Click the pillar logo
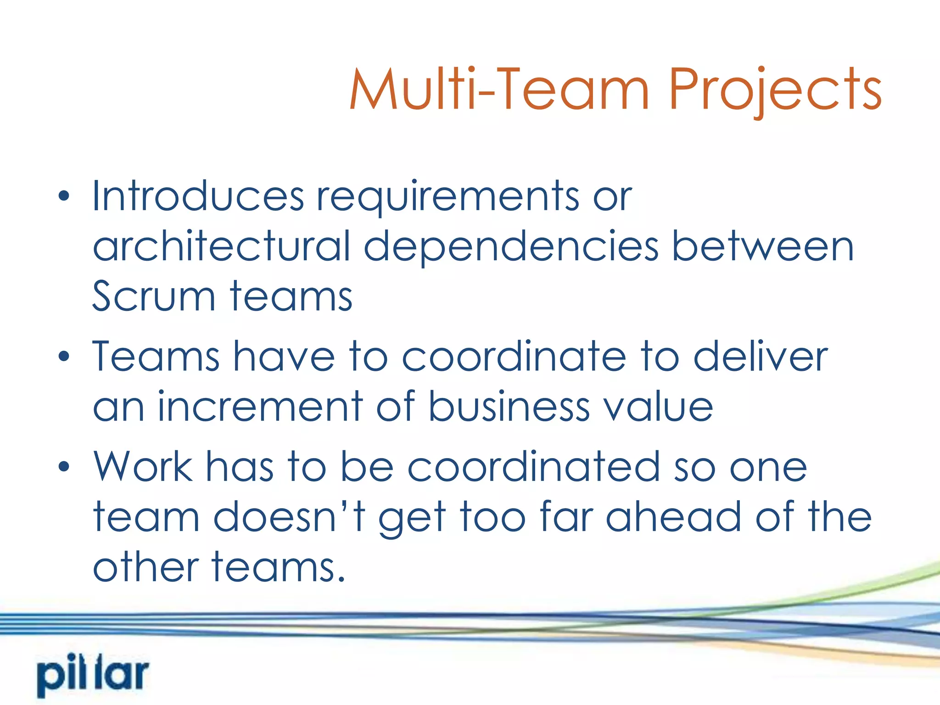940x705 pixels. coord(93,676)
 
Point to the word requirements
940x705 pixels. coord(448,197)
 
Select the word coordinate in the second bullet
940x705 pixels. coord(514,357)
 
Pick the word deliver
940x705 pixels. coord(761,357)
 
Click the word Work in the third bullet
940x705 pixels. coord(143,467)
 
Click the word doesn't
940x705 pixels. coord(290,517)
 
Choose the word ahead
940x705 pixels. coord(673,517)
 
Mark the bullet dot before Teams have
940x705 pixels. coord(64,356)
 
